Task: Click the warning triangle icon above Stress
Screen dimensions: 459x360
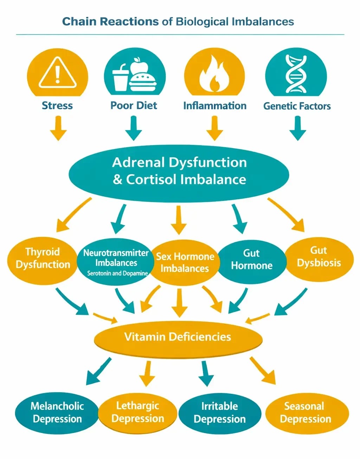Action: [57, 73]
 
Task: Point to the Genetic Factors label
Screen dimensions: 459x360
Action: [297, 106]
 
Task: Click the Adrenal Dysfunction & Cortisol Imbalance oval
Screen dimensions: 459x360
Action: [179, 171]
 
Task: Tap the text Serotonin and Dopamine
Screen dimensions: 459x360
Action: [117, 273]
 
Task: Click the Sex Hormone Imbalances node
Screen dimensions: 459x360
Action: [185, 263]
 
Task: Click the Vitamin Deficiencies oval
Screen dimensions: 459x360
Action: [178, 337]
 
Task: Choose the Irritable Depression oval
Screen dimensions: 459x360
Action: [219, 413]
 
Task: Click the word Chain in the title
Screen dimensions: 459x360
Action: [79, 21]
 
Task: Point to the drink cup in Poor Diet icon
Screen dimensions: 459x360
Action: [120, 79]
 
